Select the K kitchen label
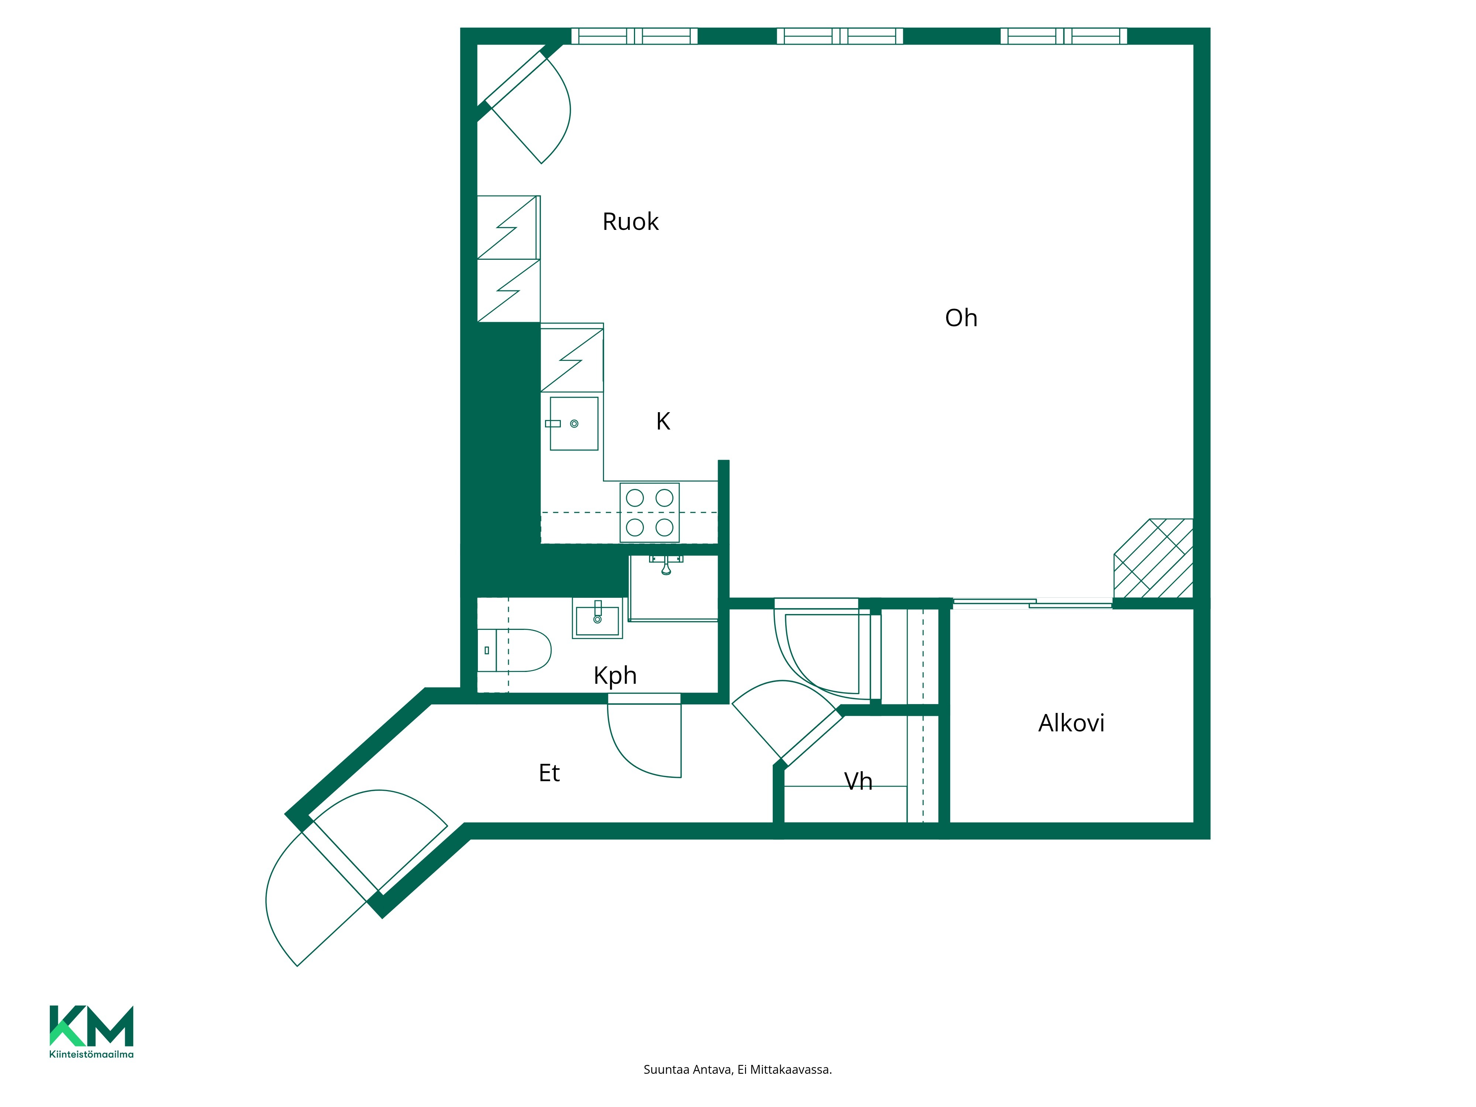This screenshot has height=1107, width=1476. [663, 421]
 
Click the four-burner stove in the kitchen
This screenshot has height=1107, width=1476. [649, 513]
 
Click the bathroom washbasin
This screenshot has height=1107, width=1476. [597, 618]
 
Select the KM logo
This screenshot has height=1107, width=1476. [92, 1025]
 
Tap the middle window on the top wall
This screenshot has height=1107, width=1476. [839, 36]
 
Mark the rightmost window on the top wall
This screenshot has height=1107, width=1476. [1063, 36]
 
